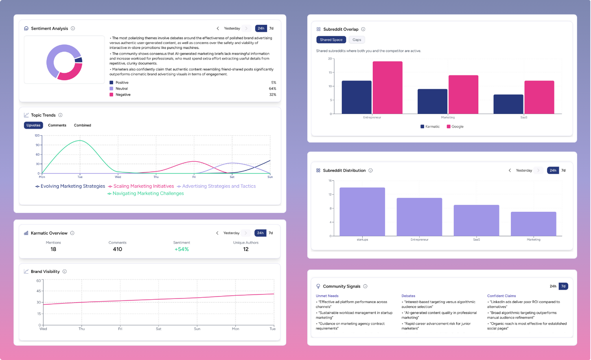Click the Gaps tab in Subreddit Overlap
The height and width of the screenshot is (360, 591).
357,40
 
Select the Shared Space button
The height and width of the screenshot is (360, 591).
331,40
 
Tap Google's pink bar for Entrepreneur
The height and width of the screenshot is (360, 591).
387,88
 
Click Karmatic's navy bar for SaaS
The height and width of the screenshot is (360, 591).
508,104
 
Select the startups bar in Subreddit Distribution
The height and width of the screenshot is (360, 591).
362,212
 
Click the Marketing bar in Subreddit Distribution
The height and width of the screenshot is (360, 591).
533,224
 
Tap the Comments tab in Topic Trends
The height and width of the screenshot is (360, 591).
57,125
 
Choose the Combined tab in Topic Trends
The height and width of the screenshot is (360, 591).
83,125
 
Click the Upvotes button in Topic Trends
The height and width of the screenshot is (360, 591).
33,125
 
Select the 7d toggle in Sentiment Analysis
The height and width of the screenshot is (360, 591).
271,29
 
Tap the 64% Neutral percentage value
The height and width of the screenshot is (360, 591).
272,88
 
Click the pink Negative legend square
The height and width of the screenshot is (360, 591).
112,94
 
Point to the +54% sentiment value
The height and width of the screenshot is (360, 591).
182,249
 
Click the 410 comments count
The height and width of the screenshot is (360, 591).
118,249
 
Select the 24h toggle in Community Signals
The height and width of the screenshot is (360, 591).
553,286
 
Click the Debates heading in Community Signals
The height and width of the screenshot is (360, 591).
408,296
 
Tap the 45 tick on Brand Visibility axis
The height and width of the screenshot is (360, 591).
39,291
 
